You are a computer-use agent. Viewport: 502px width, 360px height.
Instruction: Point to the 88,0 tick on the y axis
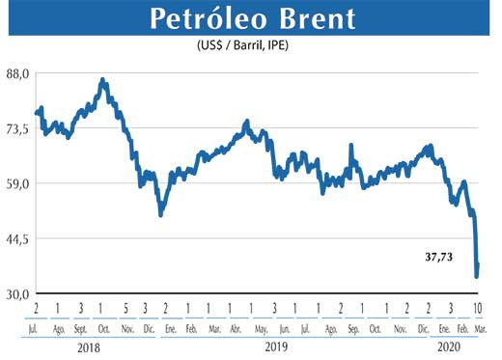[x=18, y=72]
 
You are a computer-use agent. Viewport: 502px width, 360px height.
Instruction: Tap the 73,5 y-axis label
[x=18, y=127]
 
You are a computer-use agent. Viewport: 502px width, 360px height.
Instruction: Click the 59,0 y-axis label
[x=18, y=182]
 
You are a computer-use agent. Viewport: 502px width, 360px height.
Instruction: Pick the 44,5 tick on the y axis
[x=18, y=237]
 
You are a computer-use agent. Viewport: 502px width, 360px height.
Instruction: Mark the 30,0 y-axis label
[x=18, y=293]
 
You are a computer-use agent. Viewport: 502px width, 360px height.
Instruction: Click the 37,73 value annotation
[x=440, y=258]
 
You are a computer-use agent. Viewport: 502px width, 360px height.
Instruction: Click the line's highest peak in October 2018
[x=103, y=80]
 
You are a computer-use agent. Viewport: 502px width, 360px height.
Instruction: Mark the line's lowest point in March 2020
[x=476, y=277]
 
